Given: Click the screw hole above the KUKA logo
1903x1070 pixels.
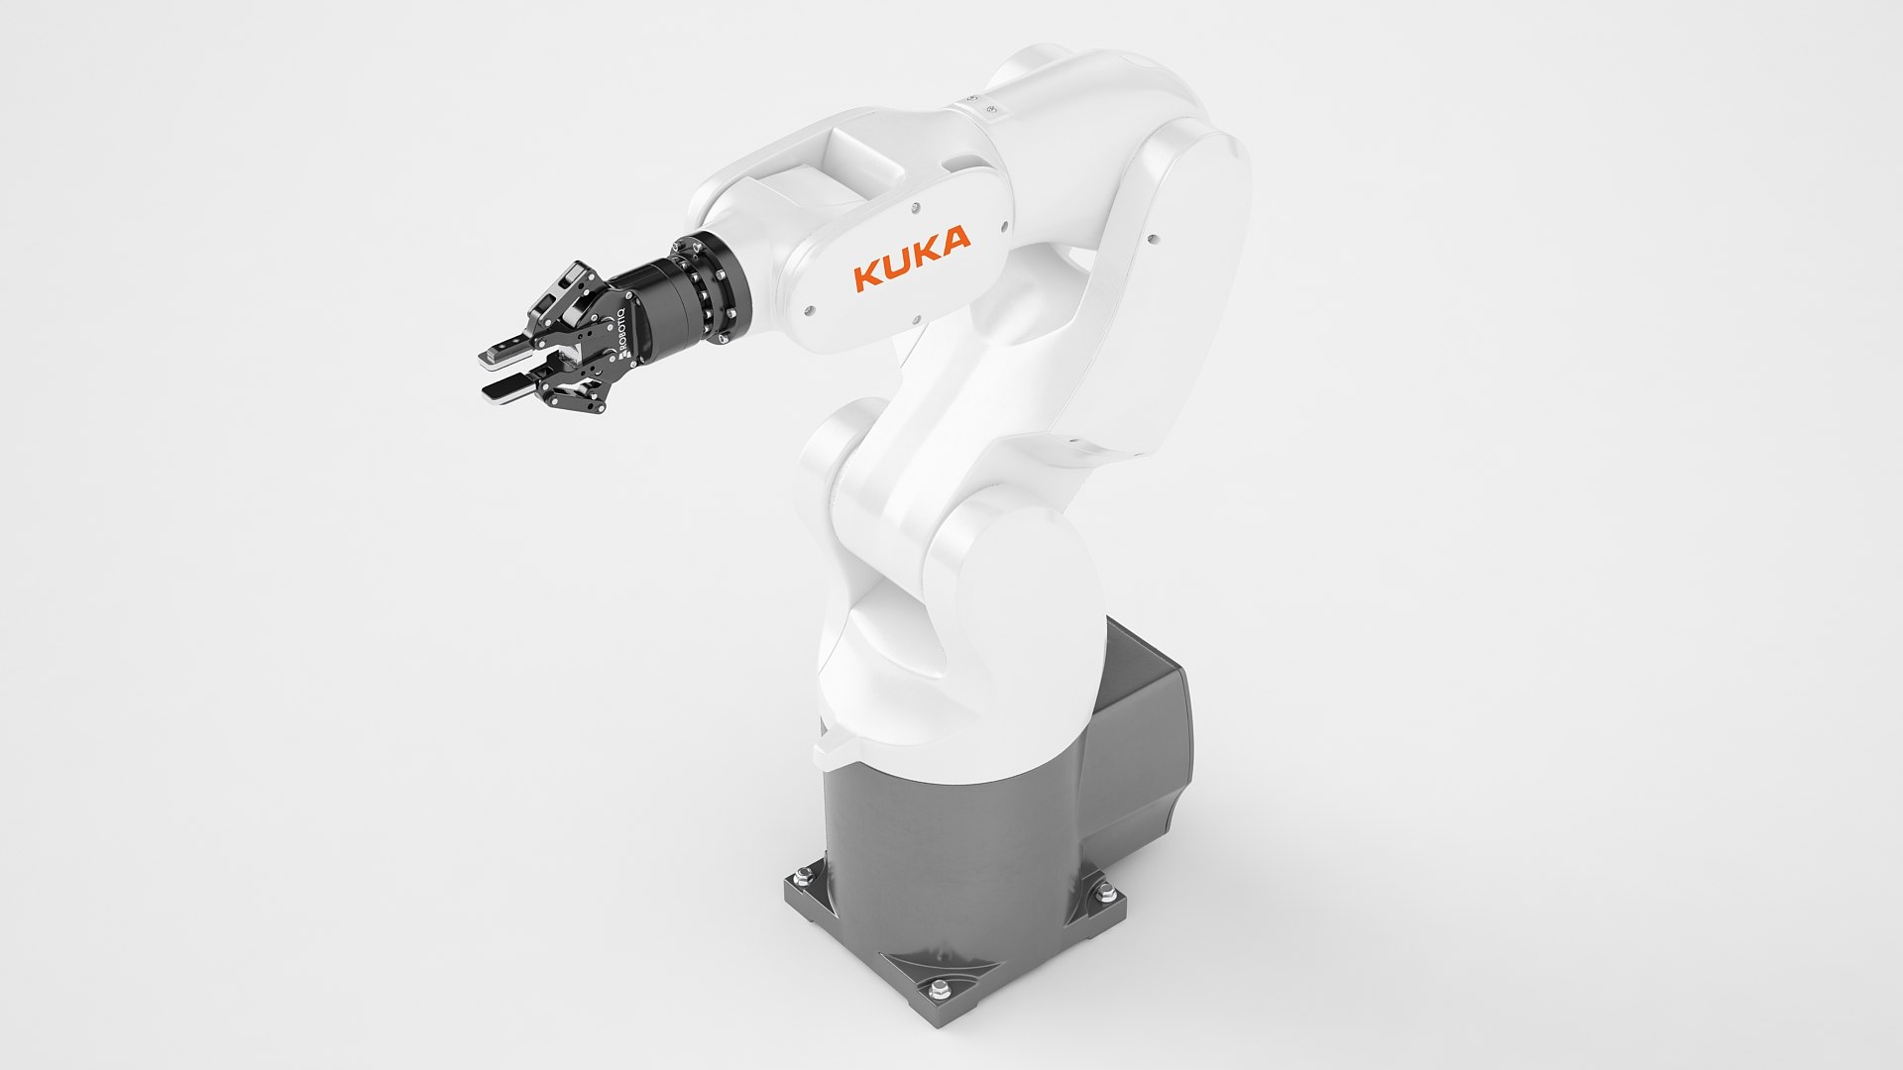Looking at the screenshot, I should point(914,205).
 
